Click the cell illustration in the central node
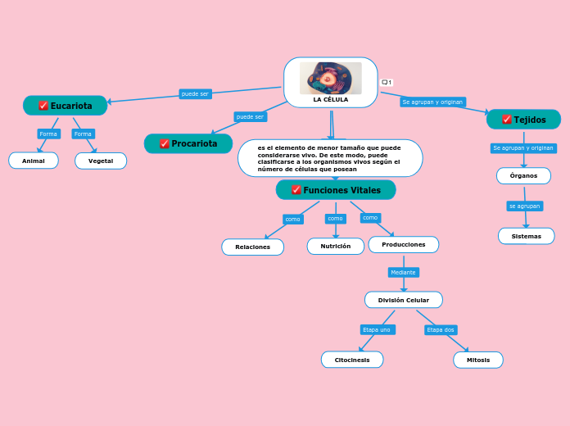click(x=330, y=78)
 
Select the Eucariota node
click(x=66, y=106)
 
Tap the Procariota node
click(x=188, y=143)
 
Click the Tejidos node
click(x=523, y=120)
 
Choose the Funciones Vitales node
click(x=336, y=190)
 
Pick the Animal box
click(x=34, y=161)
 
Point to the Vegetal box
click(x=101, y=161)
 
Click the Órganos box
click(x=523, y=175)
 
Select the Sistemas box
click(x=526, y=236)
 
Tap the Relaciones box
click(x=252, y=247)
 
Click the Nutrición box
click(x=335, y=246)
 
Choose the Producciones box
click(x=403, y=244)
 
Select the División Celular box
click(x=403, y=300)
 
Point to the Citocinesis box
click(x=351, y=360)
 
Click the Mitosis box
click(x=478, y=360)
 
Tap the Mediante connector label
click(x=403, y=272)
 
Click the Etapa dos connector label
click(x=441, y=329)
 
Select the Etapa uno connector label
click(x=377, y=329)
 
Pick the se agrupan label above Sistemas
click(x=524, y=206)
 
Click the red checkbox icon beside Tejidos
click(x=507, y=120)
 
